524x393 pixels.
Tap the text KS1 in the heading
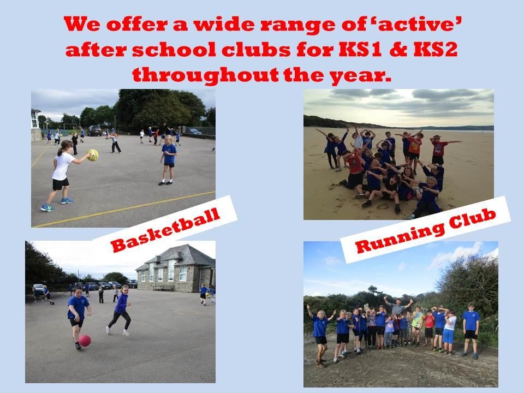[360, 50]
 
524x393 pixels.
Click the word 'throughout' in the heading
[206, 75]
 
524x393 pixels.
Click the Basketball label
[165, 230]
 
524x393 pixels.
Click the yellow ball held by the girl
[93, 154]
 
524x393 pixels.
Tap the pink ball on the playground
[85, 341]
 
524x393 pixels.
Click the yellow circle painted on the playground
[187, 312]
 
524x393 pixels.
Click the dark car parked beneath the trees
[94, 130]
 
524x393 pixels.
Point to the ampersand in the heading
[398, 50]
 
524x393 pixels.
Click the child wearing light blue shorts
[449, 331]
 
